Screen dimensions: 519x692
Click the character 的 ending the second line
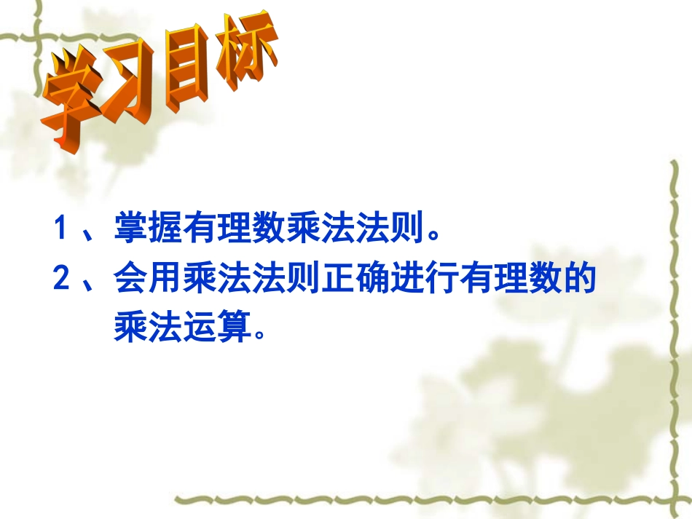coord(580,280)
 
